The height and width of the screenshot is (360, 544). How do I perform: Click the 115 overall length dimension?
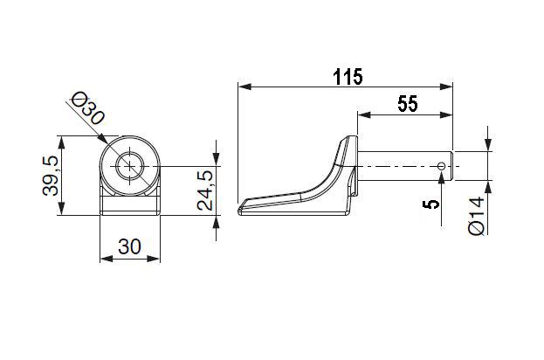(x=348, y=77)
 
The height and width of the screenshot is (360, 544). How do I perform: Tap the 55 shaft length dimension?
(x=408, y=104)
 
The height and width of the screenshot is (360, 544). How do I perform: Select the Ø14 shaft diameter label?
(x=476, y=216)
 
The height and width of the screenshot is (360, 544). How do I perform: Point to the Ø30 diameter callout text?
(x=87, y=108)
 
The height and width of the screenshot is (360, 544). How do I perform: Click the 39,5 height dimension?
(x=51, y=176)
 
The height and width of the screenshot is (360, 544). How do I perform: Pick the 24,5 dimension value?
(x=205, y=191)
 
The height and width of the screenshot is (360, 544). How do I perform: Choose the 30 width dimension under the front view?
(x=129, y=246)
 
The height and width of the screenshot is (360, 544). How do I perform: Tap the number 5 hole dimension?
(x=430, y=204)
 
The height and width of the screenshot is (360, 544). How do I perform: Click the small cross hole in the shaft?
(x=441, y=166)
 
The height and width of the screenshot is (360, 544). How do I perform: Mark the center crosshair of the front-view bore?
(x=130, y=167)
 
